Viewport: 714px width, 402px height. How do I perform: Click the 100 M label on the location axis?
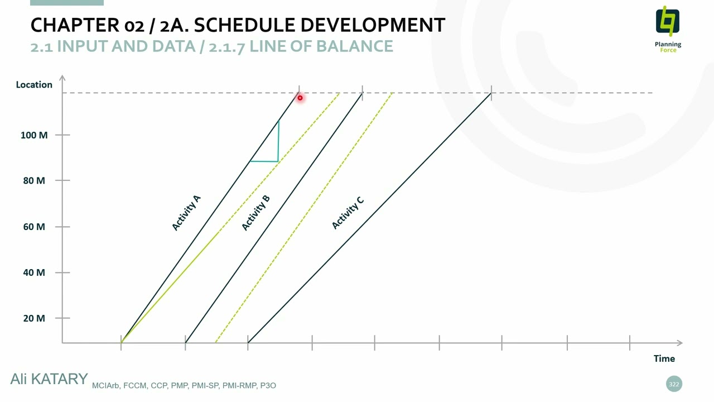click(34, 135)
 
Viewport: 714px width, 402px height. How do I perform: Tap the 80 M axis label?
click(34, 180)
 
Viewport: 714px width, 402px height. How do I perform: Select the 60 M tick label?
click(34, 227)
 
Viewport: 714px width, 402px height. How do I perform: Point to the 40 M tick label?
click(34, 272)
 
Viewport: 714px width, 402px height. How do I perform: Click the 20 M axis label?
click(34, 318)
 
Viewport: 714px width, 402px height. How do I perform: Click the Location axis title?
click(34, 85)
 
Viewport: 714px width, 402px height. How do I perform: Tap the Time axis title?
click(664, 358)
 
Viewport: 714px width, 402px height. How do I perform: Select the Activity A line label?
click(186, 213)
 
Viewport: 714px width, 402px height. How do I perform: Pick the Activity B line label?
click(256, 213)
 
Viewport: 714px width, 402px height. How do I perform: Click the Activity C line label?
click(348, 212)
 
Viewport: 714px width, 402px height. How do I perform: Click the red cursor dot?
click(300, 98)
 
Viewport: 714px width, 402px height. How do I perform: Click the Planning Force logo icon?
click(668, 22)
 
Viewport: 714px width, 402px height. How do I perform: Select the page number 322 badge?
click(674, 384)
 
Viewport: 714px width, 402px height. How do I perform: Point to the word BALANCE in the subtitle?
click(354, 46)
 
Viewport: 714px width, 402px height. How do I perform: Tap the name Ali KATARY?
click(49, 379)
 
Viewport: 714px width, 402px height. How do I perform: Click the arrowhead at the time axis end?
click(679, 342)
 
